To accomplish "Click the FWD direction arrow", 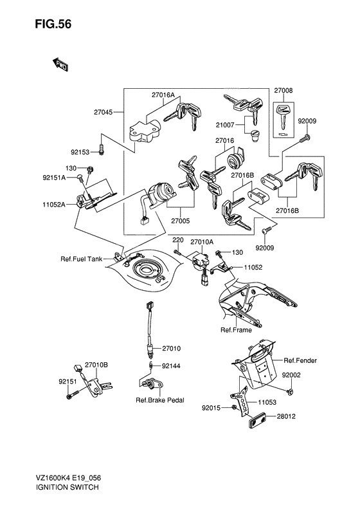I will click(60, 64).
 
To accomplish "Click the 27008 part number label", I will click(283, 91).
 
